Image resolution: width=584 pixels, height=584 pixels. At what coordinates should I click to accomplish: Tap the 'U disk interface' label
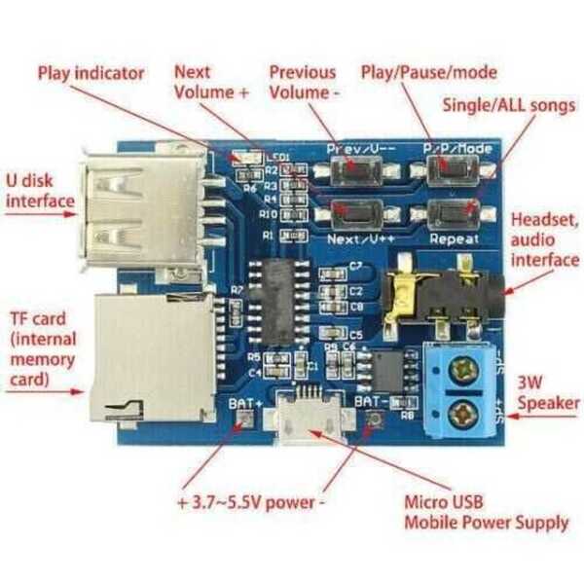(40, 192)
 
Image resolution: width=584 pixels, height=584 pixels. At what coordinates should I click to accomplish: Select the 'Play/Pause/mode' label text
(428, 72)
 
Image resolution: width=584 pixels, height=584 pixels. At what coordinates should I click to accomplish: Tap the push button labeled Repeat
(454, 211)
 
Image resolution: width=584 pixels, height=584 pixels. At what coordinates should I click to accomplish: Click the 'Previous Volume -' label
(303, 82)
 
